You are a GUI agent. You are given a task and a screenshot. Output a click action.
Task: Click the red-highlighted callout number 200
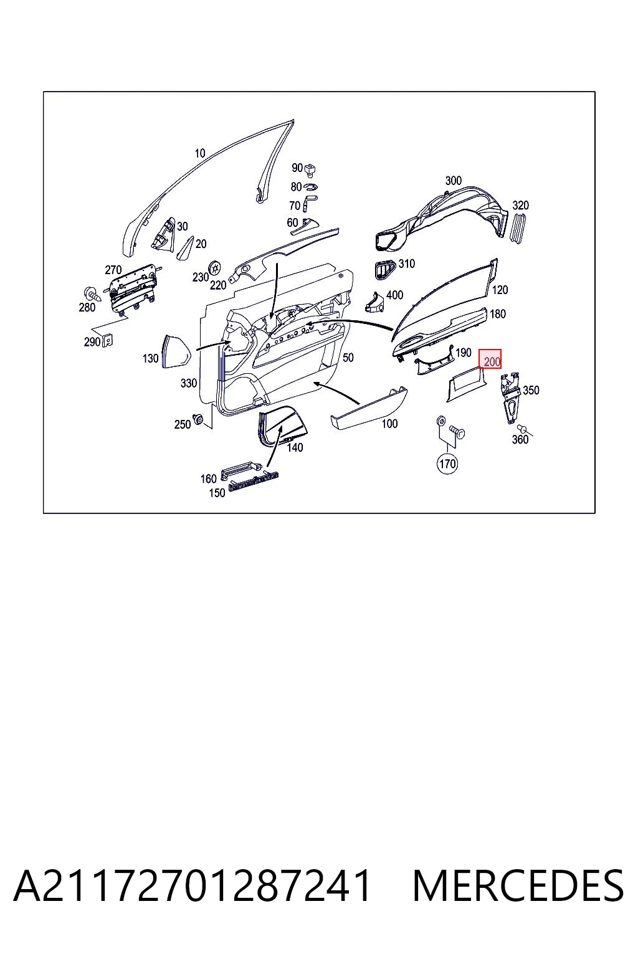[490, 359]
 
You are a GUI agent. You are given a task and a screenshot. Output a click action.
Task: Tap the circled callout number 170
[447, 464]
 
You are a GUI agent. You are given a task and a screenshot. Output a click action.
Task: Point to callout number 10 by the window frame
[200, 153]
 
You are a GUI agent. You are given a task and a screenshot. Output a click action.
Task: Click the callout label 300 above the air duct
[454, 181]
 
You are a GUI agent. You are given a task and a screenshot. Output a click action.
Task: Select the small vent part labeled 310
[384, 270]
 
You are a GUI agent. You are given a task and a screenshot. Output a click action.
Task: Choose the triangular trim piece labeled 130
[176, 351]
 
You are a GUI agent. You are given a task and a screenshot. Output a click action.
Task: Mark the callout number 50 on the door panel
[348, 358]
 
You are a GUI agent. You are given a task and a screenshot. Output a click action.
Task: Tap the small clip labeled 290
[108, 340]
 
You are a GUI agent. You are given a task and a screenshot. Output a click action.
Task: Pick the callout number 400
[394, 295]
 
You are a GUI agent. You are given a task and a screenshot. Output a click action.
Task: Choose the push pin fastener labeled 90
[311, 169]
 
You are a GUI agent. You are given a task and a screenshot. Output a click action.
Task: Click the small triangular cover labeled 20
[186, 248]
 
